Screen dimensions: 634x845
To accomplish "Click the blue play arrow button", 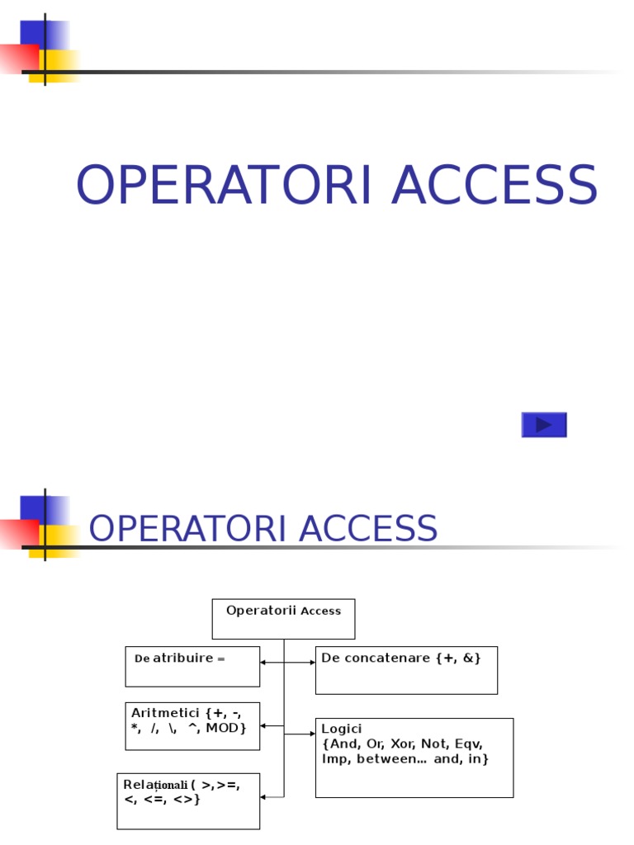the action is click(x=544, y=425).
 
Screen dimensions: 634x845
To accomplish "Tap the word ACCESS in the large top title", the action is click(x=494, y=186).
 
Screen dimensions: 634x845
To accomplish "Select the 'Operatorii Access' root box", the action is click(x=283, y=619).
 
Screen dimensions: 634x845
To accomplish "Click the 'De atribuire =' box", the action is click(x=192, y=667).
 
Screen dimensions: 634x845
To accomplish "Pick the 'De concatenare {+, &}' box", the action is click(x=406, y=670).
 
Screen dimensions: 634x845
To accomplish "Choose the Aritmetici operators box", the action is click(x=192, y=726).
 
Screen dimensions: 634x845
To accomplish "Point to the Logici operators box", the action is click(x=414, y=758).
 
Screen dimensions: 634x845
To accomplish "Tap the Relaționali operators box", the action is click(x=188, y=800).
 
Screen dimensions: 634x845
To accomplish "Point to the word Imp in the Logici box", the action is click(x=334, y=759).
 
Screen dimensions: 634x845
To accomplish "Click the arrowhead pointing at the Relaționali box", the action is click(x=263, y=797).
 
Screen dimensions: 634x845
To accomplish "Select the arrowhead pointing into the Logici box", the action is click(x=312, y=734).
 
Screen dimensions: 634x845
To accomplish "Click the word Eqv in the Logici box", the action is click(x=466, y=744).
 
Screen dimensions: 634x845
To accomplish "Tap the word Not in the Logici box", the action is click(x=434, y=744).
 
